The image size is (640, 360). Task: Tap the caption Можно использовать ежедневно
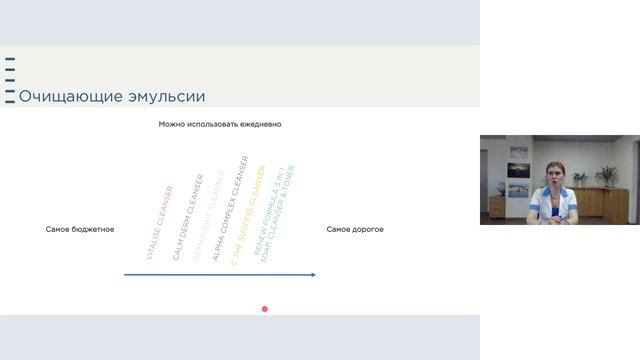220,124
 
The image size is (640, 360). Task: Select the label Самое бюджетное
80,230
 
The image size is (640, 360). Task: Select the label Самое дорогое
355,230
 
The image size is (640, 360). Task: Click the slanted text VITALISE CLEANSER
160,223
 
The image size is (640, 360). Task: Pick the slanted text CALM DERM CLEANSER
188,217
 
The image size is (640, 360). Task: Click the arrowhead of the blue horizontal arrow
313,275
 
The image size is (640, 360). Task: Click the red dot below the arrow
265,309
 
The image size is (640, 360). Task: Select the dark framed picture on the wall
518,170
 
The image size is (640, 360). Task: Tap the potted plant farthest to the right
606,176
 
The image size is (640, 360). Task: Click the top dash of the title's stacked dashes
10,61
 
